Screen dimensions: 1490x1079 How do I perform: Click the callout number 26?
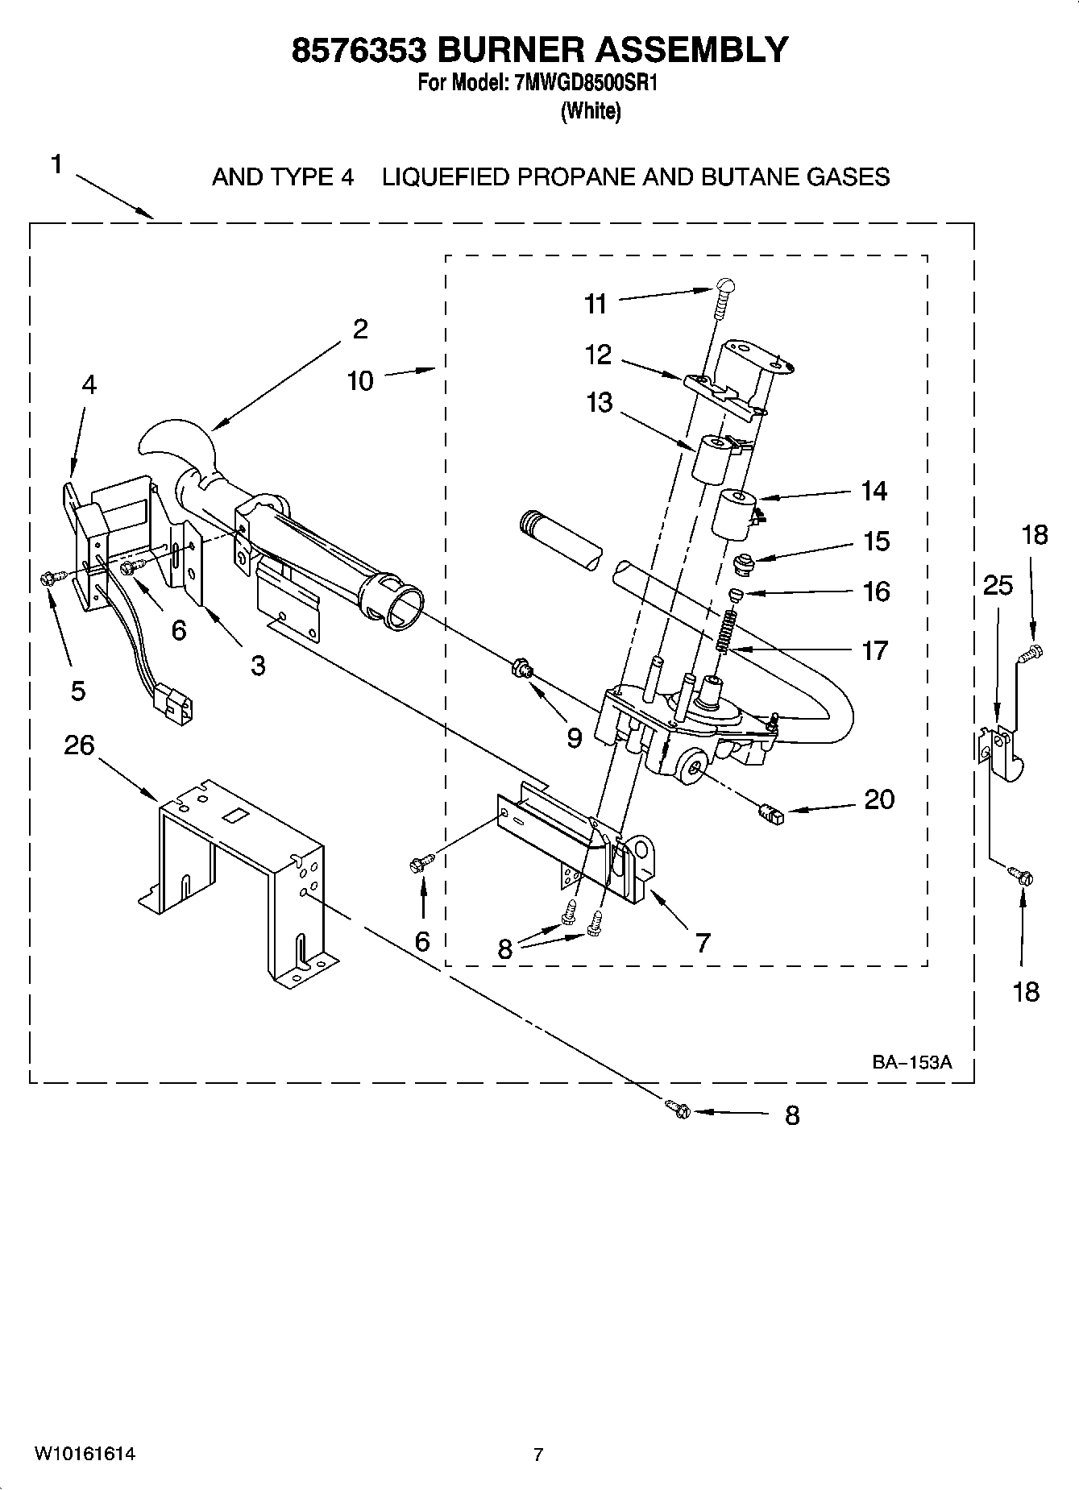click(79, 746)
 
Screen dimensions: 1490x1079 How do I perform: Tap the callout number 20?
click(879, 799)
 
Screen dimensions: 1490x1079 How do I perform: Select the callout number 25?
click(998, 586)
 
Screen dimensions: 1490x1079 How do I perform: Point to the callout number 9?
click(574, 738)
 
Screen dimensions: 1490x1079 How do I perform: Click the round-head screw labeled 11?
click(724, 295)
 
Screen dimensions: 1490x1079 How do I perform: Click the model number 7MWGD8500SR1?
click(585, 83)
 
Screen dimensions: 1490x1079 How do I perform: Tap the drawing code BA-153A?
click(911, 1062)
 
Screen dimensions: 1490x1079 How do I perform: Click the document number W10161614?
click(84, 1454)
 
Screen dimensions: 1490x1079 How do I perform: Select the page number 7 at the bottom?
click(538, 1455)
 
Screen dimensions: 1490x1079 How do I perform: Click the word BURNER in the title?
click(512, 50)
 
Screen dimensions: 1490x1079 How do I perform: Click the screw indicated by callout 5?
click(46, 577)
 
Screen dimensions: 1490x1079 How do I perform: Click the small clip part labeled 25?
click(999, 753)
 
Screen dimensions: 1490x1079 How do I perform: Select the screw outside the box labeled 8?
click(679, 1110)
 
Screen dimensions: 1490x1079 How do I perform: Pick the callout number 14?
click(874, 491)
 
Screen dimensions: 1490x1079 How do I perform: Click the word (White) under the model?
click(591, 111)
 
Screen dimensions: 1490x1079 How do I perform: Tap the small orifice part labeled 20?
click(771, 815)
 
